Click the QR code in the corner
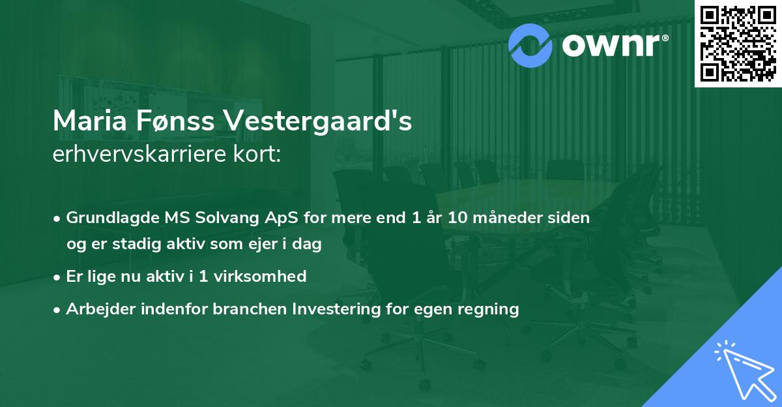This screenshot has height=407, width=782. (738, 43)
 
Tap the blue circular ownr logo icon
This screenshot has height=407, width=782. (530, 44)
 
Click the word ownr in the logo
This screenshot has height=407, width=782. (610, 44)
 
